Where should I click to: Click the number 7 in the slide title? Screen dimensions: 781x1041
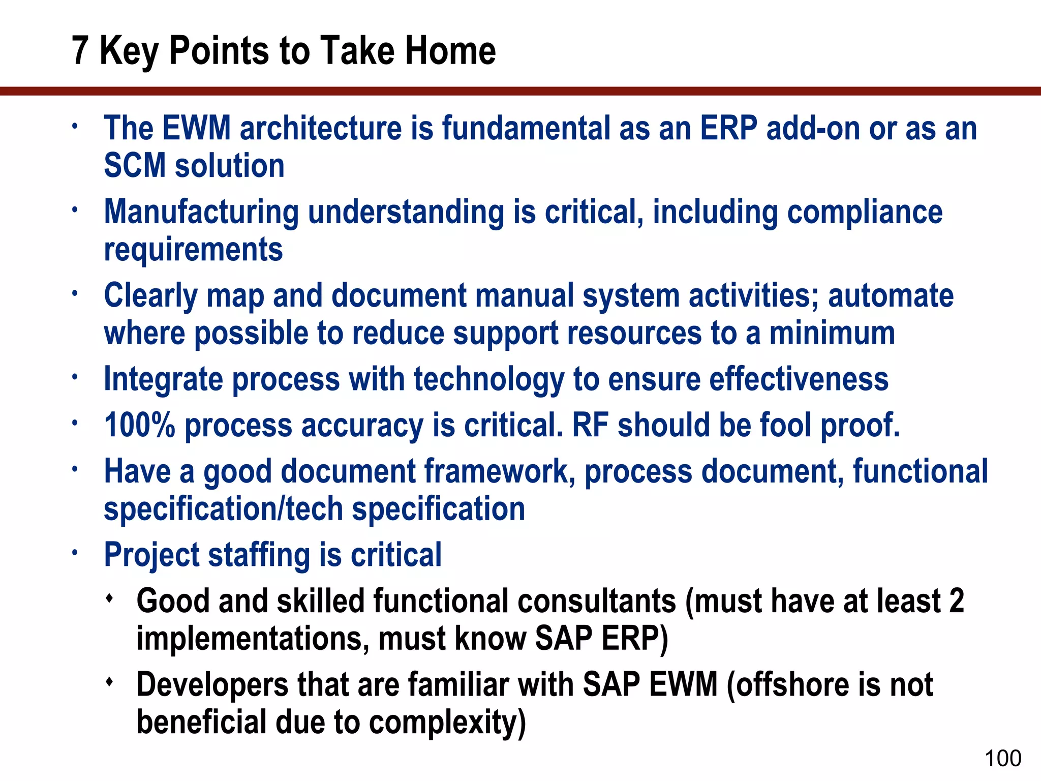coord(80,51)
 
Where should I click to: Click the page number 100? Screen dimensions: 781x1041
coord(1002,758)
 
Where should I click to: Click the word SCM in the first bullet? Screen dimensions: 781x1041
coord(135,166)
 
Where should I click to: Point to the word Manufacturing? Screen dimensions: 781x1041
coord(201,212)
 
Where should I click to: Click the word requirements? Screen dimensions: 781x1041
coord(193,250)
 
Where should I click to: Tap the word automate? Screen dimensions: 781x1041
coord(891,295)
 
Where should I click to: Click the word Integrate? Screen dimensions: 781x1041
coord(163,380)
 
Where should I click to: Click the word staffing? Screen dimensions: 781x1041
coord(259,555)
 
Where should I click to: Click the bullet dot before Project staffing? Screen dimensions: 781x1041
coord(75,552)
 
